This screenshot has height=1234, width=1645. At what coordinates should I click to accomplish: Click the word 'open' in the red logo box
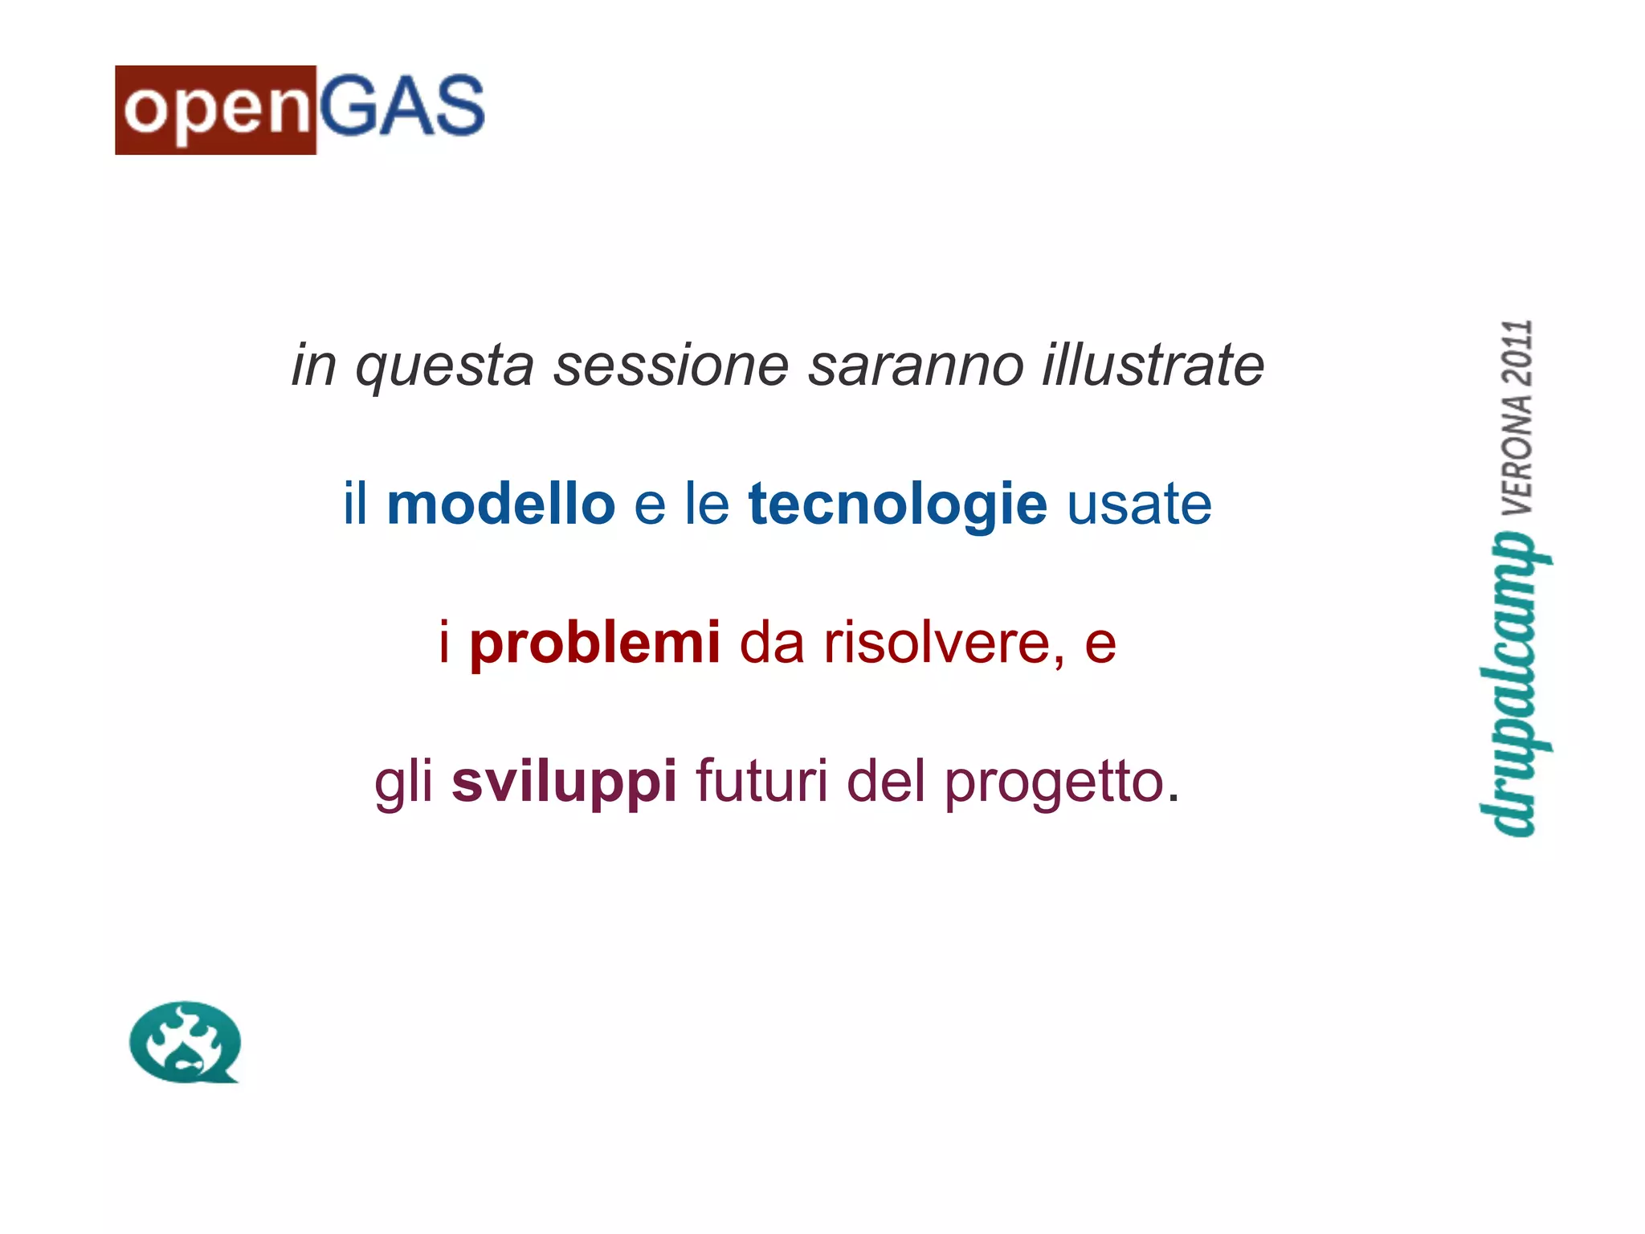click(216, 110)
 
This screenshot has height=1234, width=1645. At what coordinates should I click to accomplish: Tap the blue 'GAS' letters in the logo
click(402, 106)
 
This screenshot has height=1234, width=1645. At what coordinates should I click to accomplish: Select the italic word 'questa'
click(444, 366)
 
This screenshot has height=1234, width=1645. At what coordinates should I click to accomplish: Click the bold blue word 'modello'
click(500, 505)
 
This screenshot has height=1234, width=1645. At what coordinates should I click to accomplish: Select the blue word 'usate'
click(1139, 505)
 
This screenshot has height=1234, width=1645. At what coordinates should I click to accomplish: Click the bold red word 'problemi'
click(595, 644)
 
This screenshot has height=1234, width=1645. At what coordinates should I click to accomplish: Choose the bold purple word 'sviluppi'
click(564, 782)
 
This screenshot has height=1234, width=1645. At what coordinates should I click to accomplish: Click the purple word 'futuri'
click(761, 781)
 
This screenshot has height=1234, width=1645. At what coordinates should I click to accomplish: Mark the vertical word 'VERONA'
click(1517, 454)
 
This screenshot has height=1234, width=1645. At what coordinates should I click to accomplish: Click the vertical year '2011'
click(1517, 353)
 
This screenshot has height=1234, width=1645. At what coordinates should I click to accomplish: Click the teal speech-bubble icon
click(185, 1042)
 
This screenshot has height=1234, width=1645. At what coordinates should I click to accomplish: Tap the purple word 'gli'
click(403, 782)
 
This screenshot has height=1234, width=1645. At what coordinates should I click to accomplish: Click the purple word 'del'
click(886, 781)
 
